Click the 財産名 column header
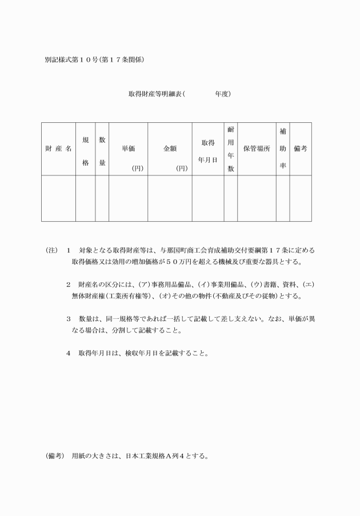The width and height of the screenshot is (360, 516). (58, 149)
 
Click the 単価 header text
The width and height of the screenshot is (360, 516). (128, 149)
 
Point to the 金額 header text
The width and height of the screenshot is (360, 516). (170, 149)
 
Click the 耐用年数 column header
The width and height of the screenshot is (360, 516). (230, 149)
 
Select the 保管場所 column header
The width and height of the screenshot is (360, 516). (257, 149)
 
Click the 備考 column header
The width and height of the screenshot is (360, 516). (300, 149)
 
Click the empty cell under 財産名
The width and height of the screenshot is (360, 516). (58, 198)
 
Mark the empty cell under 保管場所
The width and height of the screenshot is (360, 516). (257, 198)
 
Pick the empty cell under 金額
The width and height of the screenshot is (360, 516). (170, 198)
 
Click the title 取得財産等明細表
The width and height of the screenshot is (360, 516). (155, 93)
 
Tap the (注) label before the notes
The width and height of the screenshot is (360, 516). (52, 251)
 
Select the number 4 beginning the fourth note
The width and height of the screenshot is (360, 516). (68, 353)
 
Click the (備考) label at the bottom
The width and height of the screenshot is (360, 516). (55, 457)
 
